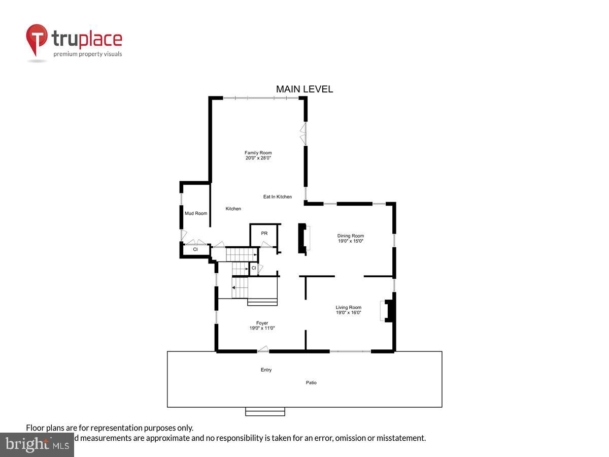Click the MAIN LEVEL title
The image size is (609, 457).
[304, 89]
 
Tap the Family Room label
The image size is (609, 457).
[258, 153]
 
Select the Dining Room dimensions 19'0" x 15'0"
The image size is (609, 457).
[351, 241]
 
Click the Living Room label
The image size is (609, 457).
[348, 307]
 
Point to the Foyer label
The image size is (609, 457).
[262, 323]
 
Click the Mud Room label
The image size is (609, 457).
[196, 213]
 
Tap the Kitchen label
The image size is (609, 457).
[233, 209]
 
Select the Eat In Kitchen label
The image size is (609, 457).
[277, 197]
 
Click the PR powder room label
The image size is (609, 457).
[264, 233]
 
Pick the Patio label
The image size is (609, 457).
[311, 382]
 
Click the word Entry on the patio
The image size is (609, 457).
[266, 370]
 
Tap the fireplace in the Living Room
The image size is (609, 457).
[388, 311]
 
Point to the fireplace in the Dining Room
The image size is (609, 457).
[303, 238]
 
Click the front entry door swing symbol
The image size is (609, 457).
[263, 349]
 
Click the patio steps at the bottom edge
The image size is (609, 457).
[265, 411]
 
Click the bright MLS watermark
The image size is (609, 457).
[37, 445]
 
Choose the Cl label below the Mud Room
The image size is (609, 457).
[195, 249]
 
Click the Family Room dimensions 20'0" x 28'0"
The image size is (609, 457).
[258, 158]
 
